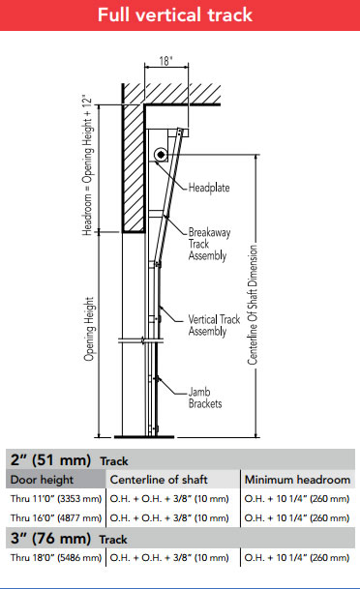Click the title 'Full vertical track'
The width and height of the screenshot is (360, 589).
pyautogui.click(x=180, y=15)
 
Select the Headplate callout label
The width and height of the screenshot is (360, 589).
pyautogui.click(x=208, y=187)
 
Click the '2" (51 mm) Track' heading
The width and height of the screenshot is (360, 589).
pyautogui.click(x=68, y=460)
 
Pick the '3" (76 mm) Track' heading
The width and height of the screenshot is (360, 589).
pyautogui.click(x=68, y=538)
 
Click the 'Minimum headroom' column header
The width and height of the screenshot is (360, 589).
pyautogui.click(x=297, y=480)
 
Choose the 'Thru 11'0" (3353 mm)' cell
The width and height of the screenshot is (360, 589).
pyautogui.click(x=55, y=499)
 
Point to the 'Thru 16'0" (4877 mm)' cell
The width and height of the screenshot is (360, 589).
pyautogui.click(x=55, y=517)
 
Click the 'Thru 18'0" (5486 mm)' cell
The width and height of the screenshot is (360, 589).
pyautogui.click(x=55, y=557)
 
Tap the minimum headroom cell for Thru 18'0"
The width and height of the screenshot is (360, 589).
pyautogui.click(x=297, y=557)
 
